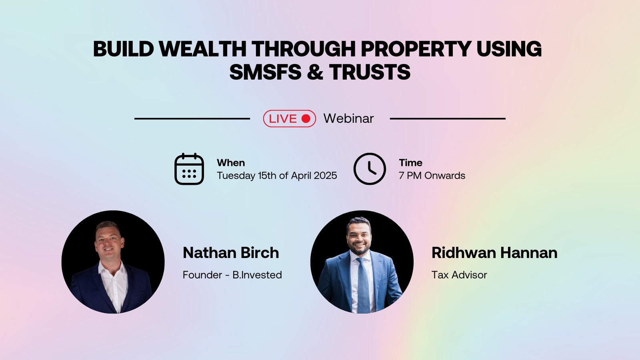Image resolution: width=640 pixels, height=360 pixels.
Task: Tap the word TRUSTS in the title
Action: pos(370,72)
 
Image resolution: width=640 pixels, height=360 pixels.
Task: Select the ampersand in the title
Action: pos(316,72)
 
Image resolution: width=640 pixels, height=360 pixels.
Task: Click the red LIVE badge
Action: pos(289,118)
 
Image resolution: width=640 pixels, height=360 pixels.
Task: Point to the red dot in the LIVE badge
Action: pos(306,118)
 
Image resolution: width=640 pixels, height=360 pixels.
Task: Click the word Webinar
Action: pos(348,118)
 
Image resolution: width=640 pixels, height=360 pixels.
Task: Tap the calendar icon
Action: pos(189,169)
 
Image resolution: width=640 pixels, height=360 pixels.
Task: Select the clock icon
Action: pos(370,169)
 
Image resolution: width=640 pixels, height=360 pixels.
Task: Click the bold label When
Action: pos(231,163)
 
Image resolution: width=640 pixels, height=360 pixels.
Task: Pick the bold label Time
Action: pos(410,163)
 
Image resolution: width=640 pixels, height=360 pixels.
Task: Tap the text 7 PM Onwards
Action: pos(432,176)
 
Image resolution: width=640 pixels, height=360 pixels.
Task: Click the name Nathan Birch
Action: pos(231,253)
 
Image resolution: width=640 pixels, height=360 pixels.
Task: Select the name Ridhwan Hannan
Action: pos(494,253)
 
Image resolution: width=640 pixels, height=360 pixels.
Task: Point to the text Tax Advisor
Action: pos(459,275)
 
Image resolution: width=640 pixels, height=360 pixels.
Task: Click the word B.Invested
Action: pos(257,275)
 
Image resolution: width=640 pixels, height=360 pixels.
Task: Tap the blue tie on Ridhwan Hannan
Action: pos(363,284)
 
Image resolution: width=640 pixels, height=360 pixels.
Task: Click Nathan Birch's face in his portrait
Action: pos(109,241)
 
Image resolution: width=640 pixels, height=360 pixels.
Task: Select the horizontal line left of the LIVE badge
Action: pos(192,118)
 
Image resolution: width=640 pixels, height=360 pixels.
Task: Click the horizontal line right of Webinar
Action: pos(448,118)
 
